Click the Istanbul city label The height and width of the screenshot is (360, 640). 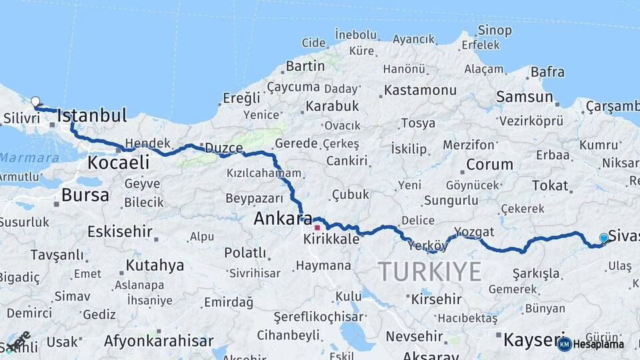(x=92, y=116)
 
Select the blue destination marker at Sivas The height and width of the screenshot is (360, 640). (x=604, y=238)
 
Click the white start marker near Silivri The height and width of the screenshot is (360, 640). (x=35, y=101)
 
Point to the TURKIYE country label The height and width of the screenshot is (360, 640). (x=429, y=271)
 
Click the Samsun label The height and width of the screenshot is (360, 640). (x=525, y=97)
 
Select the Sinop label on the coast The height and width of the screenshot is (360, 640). (x=495, y=30)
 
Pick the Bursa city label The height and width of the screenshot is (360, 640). (x=85, y=195)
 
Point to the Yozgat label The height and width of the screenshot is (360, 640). (x=474, y=231)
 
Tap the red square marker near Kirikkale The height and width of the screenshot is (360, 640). (x=317, y=227)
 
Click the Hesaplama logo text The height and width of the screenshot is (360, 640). (x=597, y=344)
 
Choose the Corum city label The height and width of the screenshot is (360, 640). (x=489, y=164)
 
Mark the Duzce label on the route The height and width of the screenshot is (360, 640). (x=223, y=148)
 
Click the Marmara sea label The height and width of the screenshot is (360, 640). (x=29, y=158)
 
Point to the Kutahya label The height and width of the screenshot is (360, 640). (x=155, y=265)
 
